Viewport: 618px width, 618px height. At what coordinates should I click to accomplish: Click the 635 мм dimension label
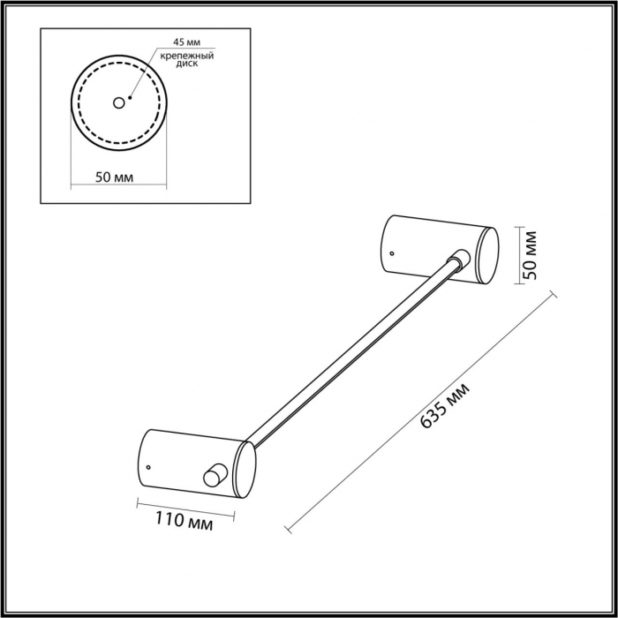pos(445,405)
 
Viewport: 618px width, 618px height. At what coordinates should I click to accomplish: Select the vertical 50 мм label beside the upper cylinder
pos(531,255)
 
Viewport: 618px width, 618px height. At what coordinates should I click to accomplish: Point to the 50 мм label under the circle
pos(114,177)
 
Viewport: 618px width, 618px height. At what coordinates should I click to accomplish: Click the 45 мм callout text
pos(187,42)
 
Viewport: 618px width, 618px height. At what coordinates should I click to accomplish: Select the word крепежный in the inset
pos(187,56)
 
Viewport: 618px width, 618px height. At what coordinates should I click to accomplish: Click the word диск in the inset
pos(187,64)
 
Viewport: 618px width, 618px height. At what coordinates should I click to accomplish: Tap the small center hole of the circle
pos(118,103)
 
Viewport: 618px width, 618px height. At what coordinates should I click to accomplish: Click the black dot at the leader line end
pos(130,97)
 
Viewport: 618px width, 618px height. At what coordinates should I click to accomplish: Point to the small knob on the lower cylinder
pos(215,475)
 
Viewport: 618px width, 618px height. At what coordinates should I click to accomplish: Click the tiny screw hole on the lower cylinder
pos(148,467)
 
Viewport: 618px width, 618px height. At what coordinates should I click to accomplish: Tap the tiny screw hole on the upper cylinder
pos(392,253)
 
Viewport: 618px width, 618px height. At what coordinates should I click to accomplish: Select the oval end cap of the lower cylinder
pos(245,470)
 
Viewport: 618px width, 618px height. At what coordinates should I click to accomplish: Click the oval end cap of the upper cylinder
pos(487,255)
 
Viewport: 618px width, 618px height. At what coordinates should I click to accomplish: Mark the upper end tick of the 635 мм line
pos(554,294)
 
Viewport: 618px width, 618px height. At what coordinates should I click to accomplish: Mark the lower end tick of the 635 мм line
pos(288,529)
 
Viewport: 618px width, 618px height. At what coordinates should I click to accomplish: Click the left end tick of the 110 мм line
pos(138,503)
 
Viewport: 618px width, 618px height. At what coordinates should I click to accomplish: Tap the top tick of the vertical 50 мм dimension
pos(519,228)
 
